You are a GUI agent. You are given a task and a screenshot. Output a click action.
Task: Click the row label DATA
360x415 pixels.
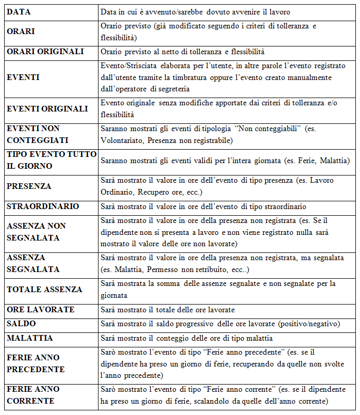(18, 11)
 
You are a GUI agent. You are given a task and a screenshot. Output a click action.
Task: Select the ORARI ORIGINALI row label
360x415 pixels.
(45, 52)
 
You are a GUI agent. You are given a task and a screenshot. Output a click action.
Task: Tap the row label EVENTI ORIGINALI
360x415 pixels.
(47, 109)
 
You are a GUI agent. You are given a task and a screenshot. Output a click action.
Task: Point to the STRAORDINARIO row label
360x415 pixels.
(43, 206)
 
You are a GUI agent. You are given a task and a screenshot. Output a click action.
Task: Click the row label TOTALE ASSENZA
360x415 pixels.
(44, 290)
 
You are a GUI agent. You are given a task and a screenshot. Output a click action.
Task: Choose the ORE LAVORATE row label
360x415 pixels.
(40, 310)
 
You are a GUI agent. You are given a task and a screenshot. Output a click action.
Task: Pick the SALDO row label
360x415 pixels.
(21, 324)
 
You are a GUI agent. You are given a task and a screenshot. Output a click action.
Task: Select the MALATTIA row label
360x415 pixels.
(30, 338)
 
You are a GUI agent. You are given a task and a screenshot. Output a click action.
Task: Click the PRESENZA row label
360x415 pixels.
(29, 186)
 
